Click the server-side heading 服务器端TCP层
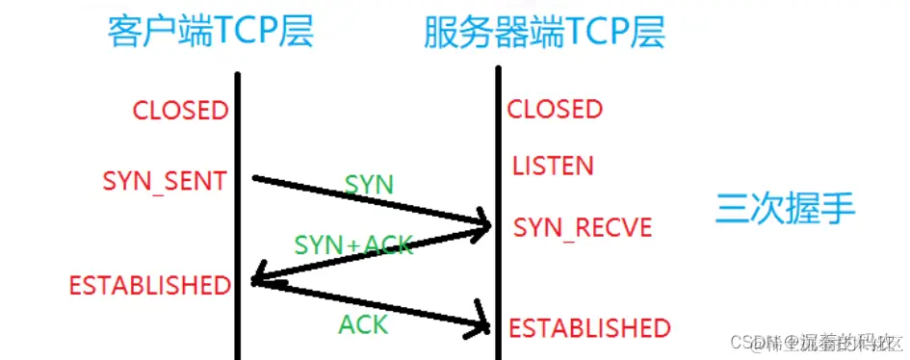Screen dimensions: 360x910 pos(544,33)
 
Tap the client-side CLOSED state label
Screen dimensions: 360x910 pos(181,110)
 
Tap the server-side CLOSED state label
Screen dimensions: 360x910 pos(555,110)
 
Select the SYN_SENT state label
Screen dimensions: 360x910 pos(165,180)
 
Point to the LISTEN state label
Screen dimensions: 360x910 pos(553,166)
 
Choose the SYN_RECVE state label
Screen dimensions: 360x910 pos(583,228)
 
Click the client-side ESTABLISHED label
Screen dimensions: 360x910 pos(150,285)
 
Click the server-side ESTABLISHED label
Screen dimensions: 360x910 pos(589,328)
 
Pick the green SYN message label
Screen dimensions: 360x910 pos(369,184)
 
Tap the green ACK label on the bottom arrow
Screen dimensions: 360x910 pos(363,324)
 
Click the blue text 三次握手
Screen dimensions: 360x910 pos(786,208)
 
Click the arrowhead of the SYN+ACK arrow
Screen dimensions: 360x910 pos(258,281)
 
